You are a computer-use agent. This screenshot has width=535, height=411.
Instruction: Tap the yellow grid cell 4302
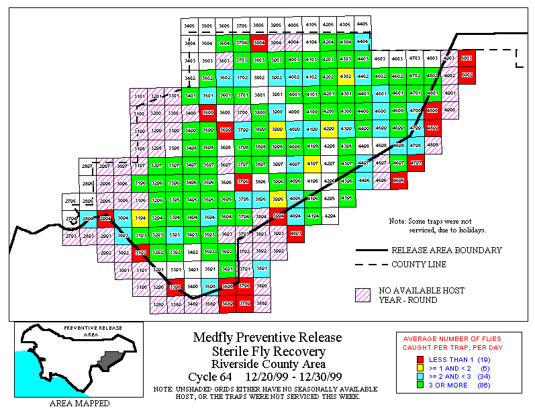point(346,77)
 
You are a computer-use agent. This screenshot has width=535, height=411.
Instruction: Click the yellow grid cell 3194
point(140,217)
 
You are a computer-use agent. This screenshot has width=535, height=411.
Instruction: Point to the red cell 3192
point(140,252)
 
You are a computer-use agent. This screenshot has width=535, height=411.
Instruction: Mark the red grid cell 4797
point(416,163)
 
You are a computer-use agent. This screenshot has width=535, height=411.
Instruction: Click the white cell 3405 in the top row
point(189,26)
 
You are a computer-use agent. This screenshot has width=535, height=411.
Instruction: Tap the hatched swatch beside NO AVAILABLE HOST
point(363,295)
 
